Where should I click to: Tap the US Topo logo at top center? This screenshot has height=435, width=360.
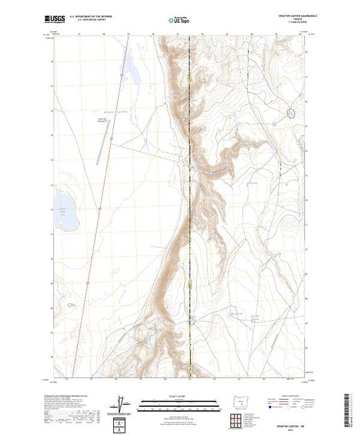(178, 21)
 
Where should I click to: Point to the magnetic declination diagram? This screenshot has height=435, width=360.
(123, 405)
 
